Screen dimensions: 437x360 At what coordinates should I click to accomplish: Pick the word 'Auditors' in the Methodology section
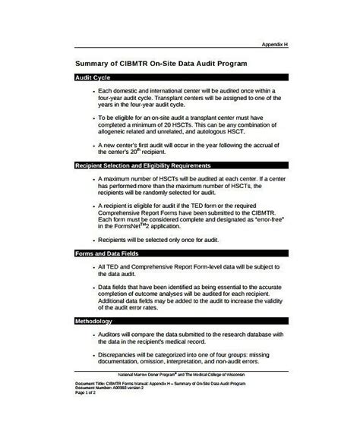(x=114, y=335)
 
